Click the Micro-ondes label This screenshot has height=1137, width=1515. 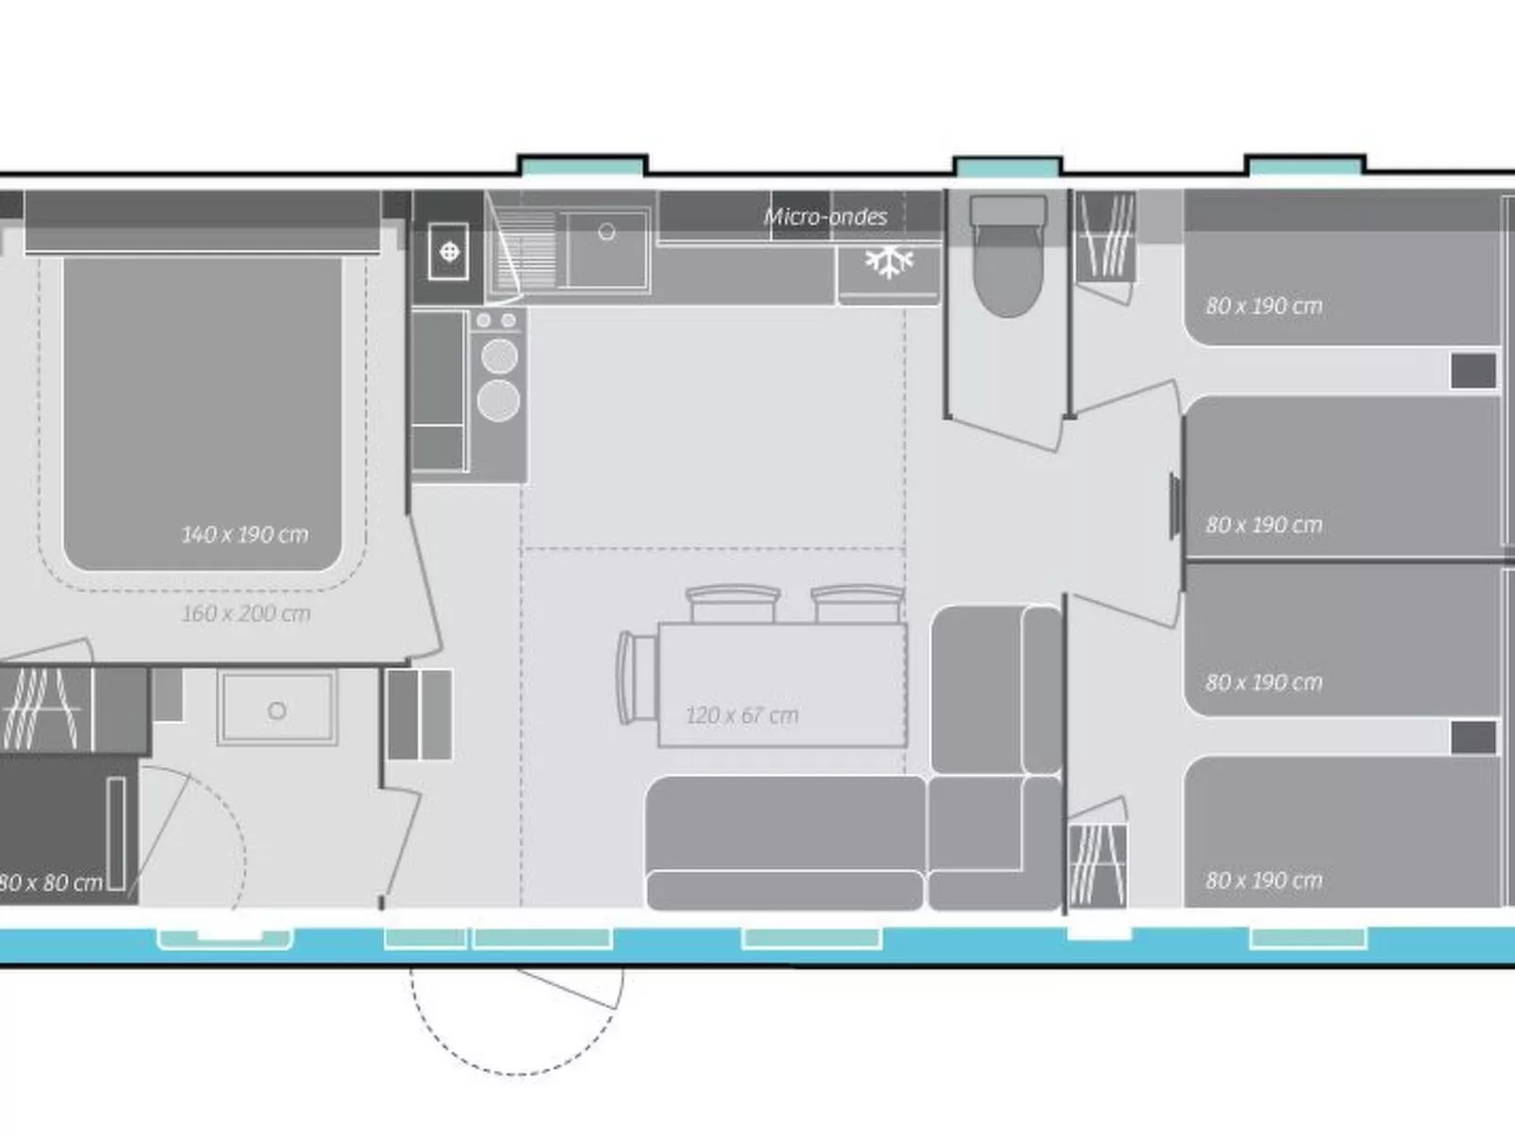[825, 217]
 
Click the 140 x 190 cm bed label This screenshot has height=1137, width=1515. [244, 534]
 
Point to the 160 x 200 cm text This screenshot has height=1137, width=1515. [245, 613]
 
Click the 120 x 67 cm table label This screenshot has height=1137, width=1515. [741, 715]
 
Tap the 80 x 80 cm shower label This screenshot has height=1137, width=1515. [51, 883]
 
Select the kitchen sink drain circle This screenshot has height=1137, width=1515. [607, 231]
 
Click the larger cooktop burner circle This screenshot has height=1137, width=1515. [498, 400]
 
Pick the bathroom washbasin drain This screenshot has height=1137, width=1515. [276, 711]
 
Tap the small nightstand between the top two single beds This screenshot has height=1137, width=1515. [1473, 371]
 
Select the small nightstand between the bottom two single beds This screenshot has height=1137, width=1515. [1473, 737]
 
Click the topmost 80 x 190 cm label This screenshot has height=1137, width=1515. [1263, 306]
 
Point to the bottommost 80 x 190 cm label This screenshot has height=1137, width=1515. [1263, 880]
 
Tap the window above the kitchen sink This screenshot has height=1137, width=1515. [583, 167]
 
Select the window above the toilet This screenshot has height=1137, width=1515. [1007, 168]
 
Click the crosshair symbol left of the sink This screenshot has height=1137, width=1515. [449, 251]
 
